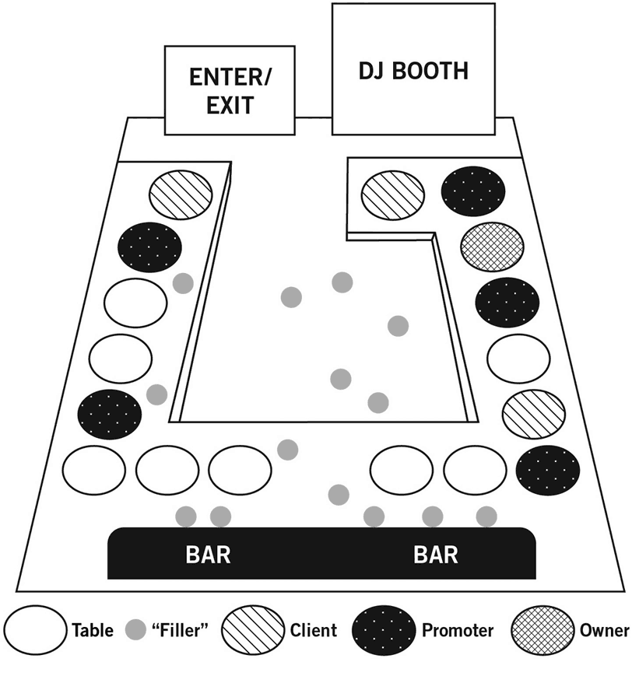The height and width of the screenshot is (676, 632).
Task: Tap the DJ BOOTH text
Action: click(413, 71)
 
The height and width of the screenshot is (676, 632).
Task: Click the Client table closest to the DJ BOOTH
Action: click(393, 192)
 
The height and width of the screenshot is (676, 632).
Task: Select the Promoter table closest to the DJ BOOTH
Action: click(473, 187)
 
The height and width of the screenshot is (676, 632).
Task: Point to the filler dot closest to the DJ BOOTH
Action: click(342, 282)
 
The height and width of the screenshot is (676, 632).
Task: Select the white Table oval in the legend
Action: click(36, 630)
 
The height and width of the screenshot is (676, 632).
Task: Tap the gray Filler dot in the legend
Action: click(136, 630)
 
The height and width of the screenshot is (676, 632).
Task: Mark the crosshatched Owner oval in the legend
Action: click(542, 630)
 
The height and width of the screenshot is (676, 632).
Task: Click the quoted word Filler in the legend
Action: click(179, 630)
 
